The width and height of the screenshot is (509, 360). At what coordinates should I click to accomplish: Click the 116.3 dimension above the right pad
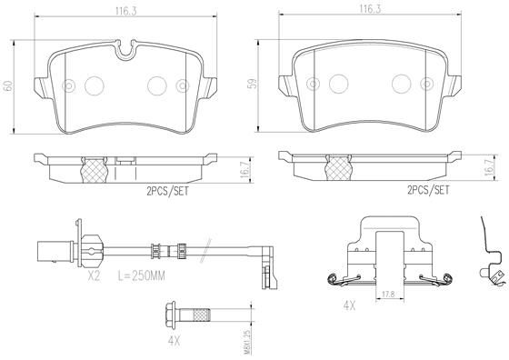368,10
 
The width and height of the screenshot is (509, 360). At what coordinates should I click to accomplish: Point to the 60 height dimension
8,86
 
